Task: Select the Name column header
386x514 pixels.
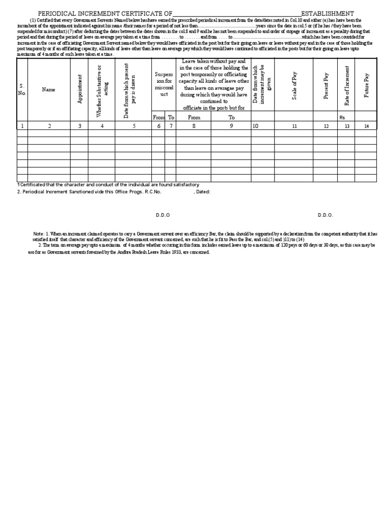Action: tap(49, 90)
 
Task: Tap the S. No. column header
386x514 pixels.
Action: tap(22, 90)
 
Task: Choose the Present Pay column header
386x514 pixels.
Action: tap(326, 86)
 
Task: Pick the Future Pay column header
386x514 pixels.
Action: tap(366, 86)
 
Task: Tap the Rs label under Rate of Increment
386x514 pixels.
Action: tap(343, 117)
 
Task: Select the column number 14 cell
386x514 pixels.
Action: tap(366, 126)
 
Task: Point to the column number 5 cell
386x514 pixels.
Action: tap(134, 126)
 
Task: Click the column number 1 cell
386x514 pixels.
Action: tap(22, 126)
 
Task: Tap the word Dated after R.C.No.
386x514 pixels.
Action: tap(203, 192)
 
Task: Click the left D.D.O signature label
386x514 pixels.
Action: tap(163, 215)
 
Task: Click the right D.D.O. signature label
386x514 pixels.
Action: tap(325, 215)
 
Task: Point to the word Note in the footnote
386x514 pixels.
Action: tap(38, 234)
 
